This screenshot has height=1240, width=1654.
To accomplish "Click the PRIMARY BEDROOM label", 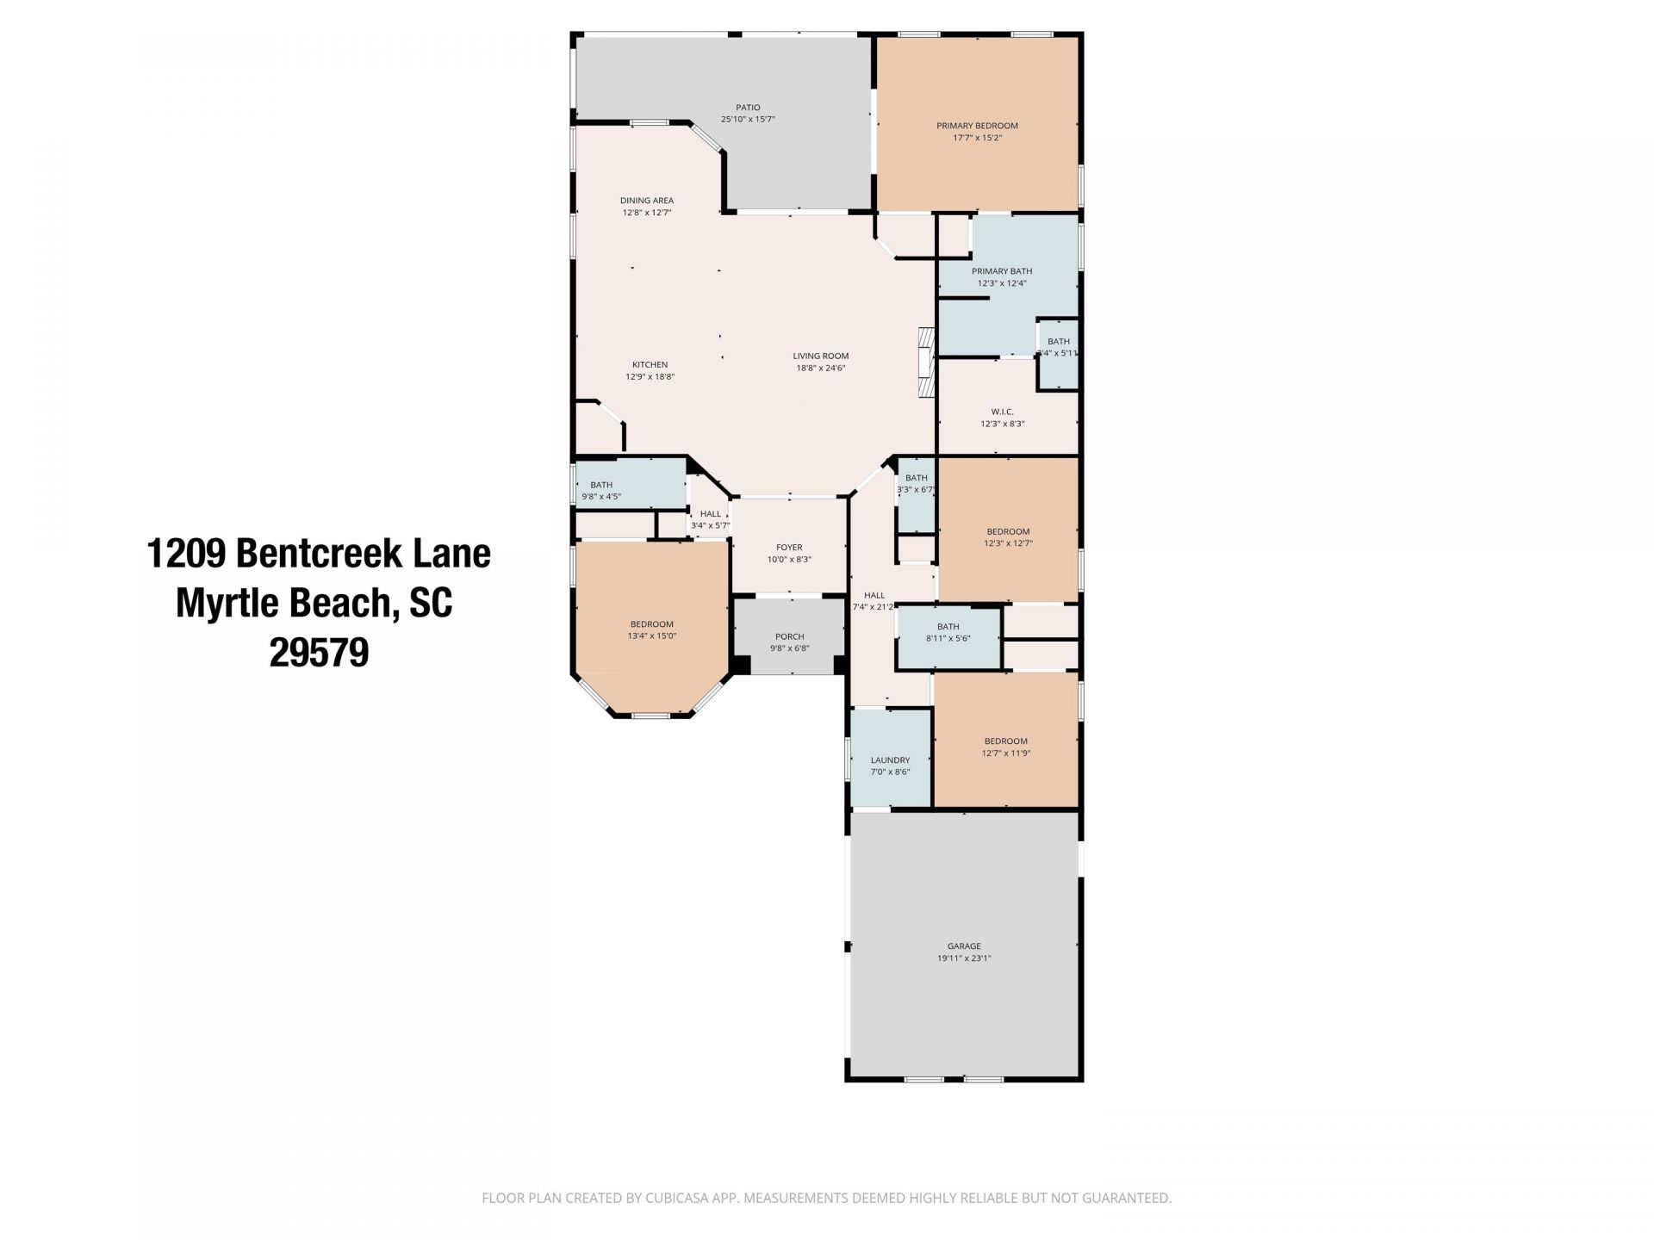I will pyautogui.click(x=977, y=126).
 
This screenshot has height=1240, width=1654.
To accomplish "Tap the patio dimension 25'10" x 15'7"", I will pyautogui.click(x=748, y=120).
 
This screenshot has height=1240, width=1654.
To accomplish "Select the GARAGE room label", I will pyautogui.click(x=964, y=946).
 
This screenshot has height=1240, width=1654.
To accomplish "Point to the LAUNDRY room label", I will pyautogui.click(x=890, y=760).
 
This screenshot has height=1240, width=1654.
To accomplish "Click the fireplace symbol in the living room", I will pyautogui.click(x=925, y=363).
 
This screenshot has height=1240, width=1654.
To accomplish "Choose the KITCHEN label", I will pyautogui.click(x=650, y=365).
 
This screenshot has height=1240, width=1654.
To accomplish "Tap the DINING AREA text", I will pyautogui.click(x=646, y=201).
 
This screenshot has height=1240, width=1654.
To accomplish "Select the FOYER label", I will pyautogui.click(x=789, y=548).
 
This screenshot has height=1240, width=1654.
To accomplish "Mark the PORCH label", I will pyautogui.click(x=789, y=637).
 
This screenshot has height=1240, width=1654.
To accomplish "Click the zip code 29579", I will pyautogui.click(x=319, y=653).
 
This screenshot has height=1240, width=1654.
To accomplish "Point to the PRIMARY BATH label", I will pyautogui.click(x=1002, y=271).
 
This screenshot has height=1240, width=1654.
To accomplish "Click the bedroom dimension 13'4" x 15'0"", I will pyautogui.click(x=651, y=636).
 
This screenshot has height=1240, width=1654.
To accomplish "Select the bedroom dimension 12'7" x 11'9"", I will pyautogui.click(x=1006, y=753).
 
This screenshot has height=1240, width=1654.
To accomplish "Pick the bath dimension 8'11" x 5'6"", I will pyautogui.click(x=948, y=639).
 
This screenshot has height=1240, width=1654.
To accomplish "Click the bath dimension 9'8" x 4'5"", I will pyautogui.click(x=601, y=497).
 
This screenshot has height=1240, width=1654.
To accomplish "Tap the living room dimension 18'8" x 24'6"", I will pyautogui.click(x=821, y=369).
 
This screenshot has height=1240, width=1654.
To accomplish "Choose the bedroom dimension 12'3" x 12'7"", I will pyautogui.click(x=1008, y=543).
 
